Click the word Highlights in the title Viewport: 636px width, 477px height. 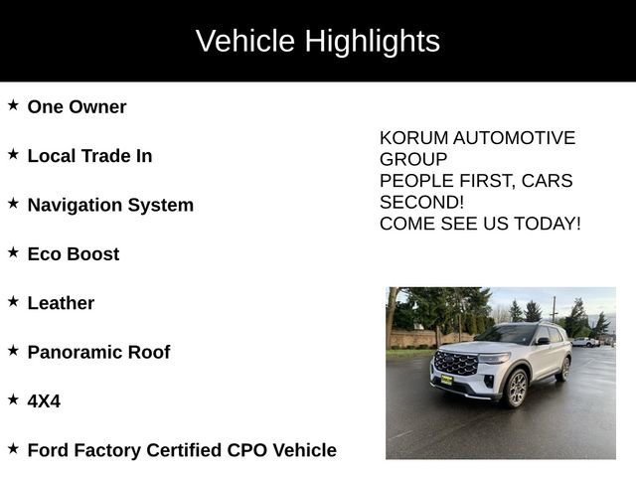tap(372, 42)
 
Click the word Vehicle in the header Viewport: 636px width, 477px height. tap(244, 42)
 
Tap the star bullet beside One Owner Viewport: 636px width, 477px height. tap(13, 105)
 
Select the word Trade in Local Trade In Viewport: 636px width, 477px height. tap(102, 156)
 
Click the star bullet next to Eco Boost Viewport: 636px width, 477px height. tap(13, 252)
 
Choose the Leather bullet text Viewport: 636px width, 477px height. tap(61, 303)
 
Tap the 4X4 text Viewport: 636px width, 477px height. tap(44, 400)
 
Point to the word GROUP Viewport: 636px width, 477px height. tap(413, 159)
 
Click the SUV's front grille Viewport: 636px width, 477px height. tap(456, 364)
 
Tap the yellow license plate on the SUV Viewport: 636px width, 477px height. tap(446, 379)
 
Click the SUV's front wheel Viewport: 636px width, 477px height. tap(517, 388)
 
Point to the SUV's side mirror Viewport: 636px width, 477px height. tap(543, 341)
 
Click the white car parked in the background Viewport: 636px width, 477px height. tap(585, 342)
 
